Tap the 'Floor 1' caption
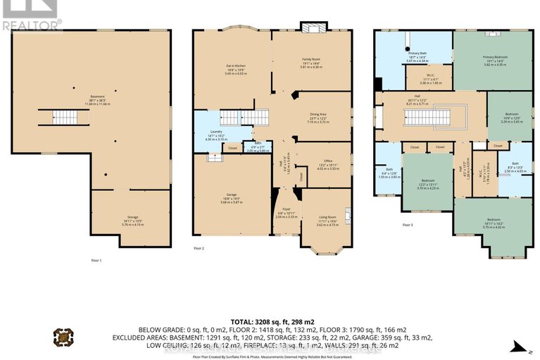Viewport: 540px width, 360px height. (x=96, y=261)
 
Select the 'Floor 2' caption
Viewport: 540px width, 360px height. (x=199, y=248)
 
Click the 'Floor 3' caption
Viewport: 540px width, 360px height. (x=408, y=225)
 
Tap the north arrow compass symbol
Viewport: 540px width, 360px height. (x=519, y=345)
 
